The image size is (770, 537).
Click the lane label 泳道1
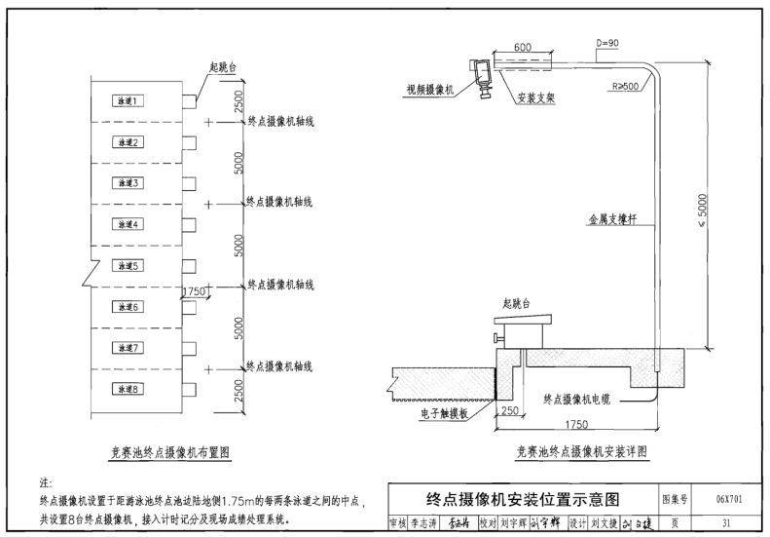[x=129, y=100]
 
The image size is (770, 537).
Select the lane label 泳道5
[x=129, y=265]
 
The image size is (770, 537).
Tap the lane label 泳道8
[x=129, y=389]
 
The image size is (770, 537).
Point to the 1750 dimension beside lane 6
[x=196, y=291]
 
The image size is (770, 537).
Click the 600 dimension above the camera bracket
[x=522, y=48]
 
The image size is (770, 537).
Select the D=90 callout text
[x=606, y=44]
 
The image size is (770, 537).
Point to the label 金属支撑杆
[x=612, y=220]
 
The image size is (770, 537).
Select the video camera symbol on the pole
[x=482, y=76]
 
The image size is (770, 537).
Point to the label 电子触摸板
[x=444, y=413]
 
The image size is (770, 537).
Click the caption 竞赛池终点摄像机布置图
[x=169, y=452]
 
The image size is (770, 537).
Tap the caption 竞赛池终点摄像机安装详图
[x=581, y=452]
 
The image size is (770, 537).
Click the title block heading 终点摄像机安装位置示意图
[x=523, y=499]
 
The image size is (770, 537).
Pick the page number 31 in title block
[x=727, y=522]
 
